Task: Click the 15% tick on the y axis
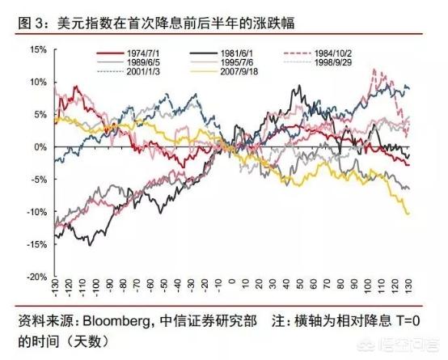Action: tap(37, 49)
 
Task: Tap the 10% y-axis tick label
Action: tap(37, 82)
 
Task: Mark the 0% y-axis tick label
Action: tap(40, 146)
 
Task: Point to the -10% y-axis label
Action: tap(36, 211)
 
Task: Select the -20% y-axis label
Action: tap(36, 276)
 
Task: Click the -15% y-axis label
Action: tap(36, 244)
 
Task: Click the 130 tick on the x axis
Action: tap(411, 288)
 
